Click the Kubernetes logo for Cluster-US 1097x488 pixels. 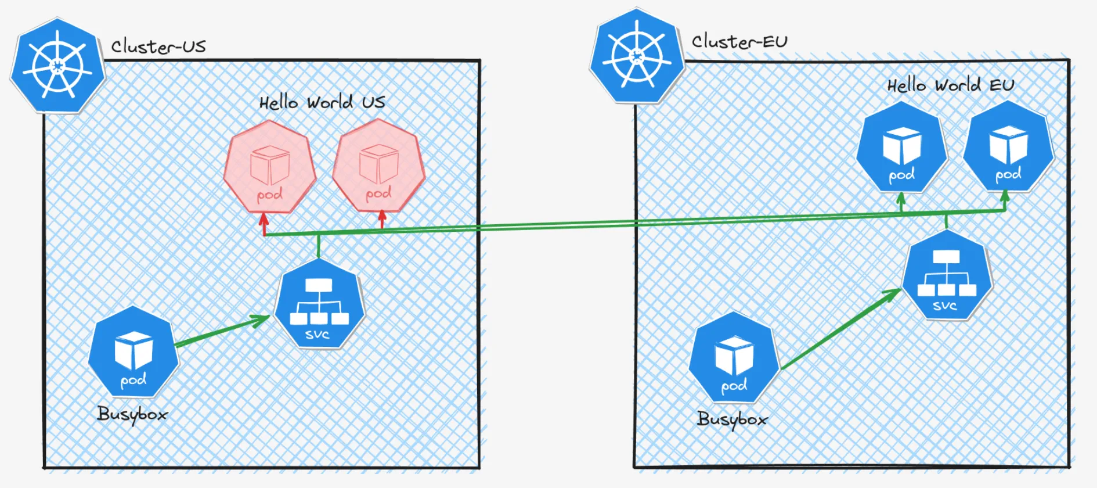pos(57,66)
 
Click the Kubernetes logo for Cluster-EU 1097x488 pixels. pos(637,56)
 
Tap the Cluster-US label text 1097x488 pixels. pos(158,46)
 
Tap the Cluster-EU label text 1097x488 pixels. pos(739,41)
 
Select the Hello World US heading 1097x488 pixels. pos(322,102)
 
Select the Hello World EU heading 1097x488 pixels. pos(950,85)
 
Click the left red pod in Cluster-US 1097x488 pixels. pos(269,167)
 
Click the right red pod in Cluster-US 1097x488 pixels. pos(378,166)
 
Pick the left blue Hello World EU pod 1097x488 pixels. pos(901,148)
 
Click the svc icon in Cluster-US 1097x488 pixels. pos(319,304)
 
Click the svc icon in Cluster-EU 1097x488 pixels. pos(946,275)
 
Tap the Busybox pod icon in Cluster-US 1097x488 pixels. pos(133,353)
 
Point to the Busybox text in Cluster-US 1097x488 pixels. pos(132,414)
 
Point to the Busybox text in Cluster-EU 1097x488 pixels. pos(732,419)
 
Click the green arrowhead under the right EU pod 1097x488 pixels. pos(1005,197)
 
